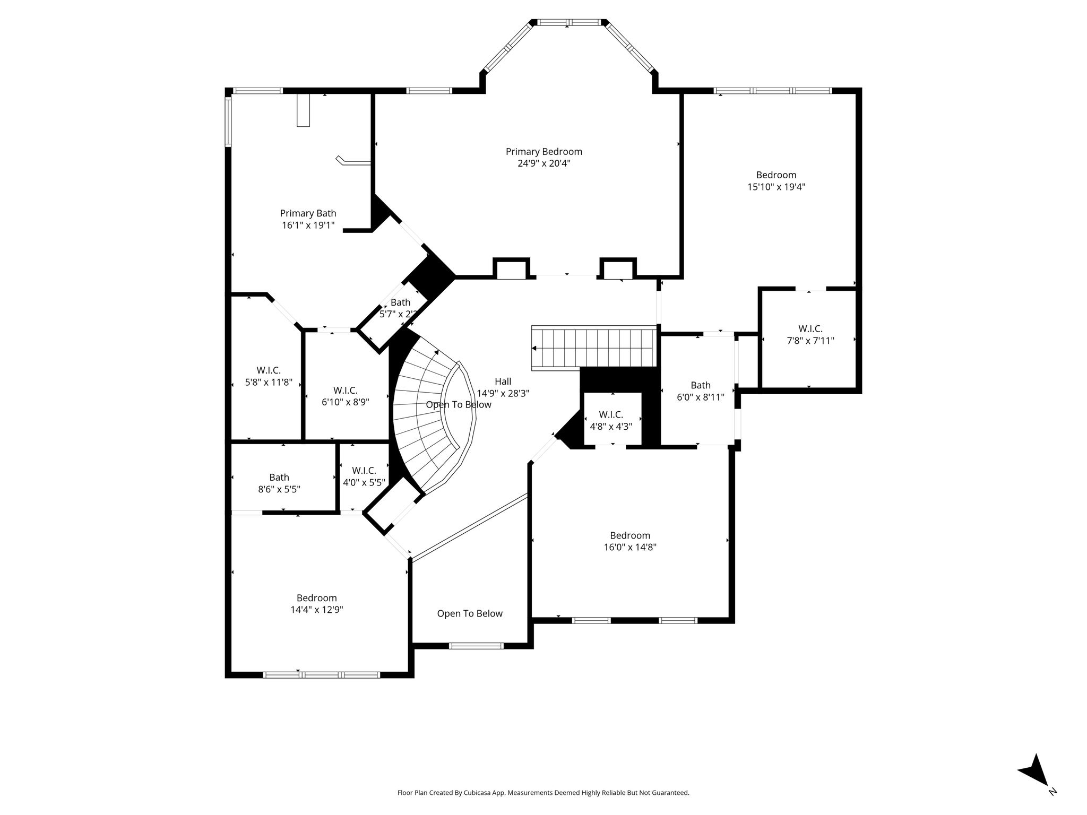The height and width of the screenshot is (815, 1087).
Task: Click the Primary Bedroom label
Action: (x=543, y=152)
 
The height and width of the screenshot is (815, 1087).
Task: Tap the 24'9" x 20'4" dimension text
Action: (x=543, y=163)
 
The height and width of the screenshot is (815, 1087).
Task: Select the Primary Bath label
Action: (x=308, y=213)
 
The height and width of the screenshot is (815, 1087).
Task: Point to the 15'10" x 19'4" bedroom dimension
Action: (x=776, y=187)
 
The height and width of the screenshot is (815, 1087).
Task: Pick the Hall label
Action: (x=503, y=382)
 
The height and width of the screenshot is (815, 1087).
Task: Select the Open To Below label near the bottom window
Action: (x=470, y=613)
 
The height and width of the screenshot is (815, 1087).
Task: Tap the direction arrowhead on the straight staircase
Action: (x=534, y=349)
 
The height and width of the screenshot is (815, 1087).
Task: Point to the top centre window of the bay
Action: (x=567, y=22)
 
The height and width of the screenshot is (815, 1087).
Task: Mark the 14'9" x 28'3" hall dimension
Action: (x=503, y=393)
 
